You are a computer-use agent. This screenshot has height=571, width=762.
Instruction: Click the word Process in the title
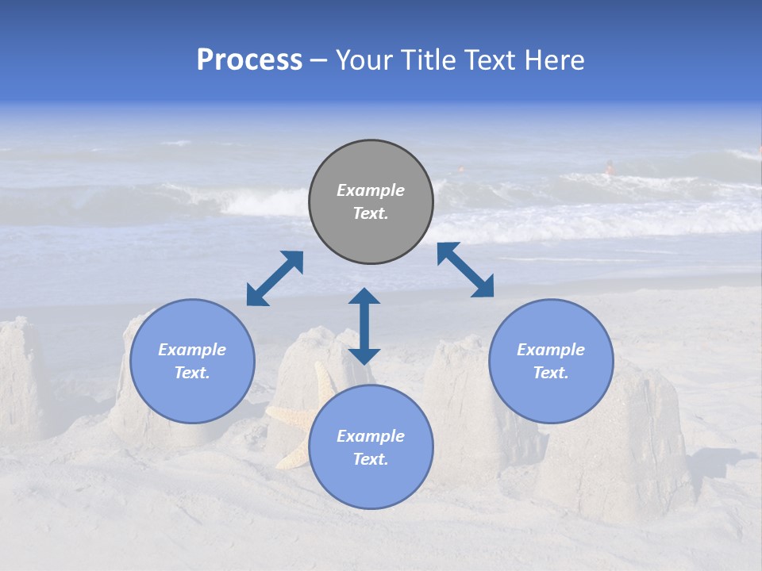249,60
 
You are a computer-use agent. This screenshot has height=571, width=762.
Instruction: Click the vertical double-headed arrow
364,326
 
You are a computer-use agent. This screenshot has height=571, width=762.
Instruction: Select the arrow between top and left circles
275,278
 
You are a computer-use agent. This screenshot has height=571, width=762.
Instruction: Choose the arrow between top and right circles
465,270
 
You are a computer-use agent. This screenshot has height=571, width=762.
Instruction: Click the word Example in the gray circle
371,190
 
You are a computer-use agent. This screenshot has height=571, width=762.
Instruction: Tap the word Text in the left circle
192,373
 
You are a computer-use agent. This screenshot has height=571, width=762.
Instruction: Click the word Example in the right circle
551,350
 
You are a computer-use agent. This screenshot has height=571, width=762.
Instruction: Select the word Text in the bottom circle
371,459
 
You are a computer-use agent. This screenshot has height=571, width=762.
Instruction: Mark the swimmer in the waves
610,168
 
